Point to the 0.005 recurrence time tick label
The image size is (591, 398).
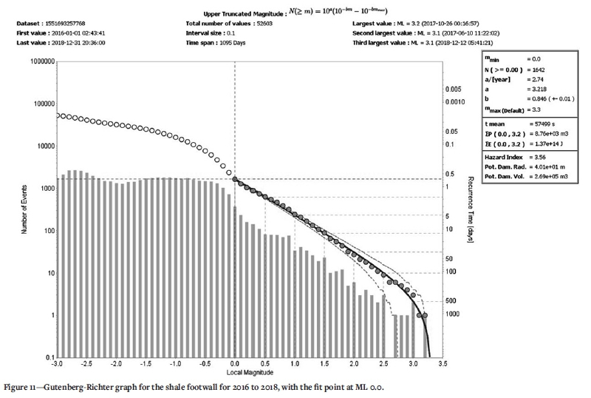(454, 88)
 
